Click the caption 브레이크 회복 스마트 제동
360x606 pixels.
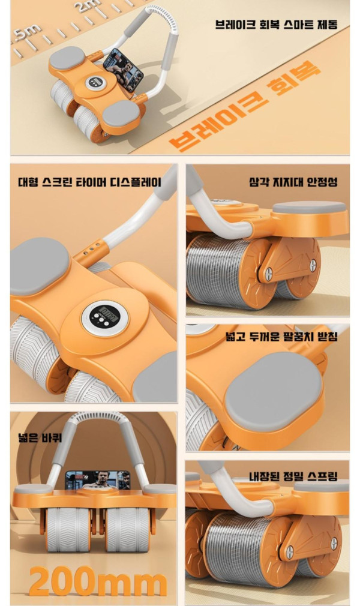coord(277,25)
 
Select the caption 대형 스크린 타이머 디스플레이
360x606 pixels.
coord(90,182)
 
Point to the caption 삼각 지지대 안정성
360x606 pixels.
coord(293,182)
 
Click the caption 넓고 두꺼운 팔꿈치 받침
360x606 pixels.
coord(282,336)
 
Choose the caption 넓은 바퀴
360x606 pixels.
coord(40,437)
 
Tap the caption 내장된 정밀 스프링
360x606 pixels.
coord(293,476)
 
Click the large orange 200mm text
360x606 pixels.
coord(98,581)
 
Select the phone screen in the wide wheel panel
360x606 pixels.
coord(97,481)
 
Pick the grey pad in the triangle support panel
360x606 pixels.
coord(310,208)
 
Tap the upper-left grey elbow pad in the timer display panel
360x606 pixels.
coord(40,266)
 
